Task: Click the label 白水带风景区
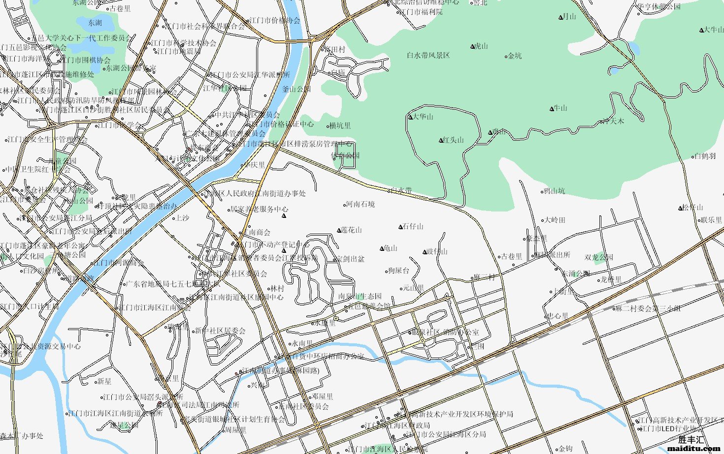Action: (x=428, y=56)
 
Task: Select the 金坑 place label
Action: (x=515, y=56)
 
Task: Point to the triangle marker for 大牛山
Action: (x=701, y=30)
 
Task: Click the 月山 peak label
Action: (x=569, y=17)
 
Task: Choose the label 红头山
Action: (x=454, y=140)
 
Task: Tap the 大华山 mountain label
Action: (x=423, y=117)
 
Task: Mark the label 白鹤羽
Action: (x=705, y=156)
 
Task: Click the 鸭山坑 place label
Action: (x=554, y=191)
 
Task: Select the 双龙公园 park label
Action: (x=599, y=257)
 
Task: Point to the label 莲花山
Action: (x=352, y=230)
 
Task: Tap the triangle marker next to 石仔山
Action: (x=400, y=227)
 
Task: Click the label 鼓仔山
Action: (x=437, y=252)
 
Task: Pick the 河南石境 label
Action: (x=360, y=204)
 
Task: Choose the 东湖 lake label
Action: (x=95, y=23)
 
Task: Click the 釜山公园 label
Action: (x=296, y=89)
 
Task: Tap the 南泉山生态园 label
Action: (x=360, y=297)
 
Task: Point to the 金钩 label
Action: (x=565, y=449)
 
